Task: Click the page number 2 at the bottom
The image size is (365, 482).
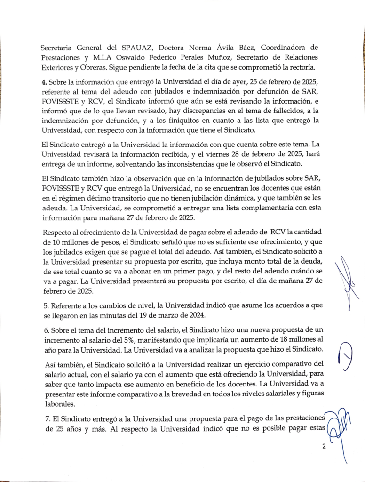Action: click(324, 447)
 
